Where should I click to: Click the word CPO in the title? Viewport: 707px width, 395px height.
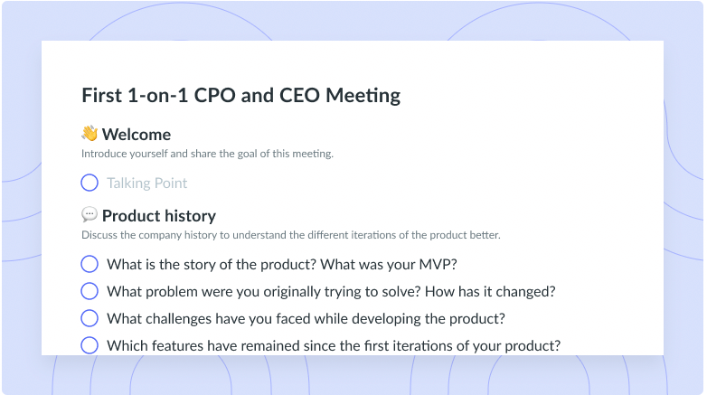pyautogui.click(x=211, y=96)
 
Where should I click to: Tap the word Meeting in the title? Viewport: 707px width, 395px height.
pyautogui.click(x=363, y=96)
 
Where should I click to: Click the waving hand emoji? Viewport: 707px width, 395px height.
pyautogui.click(x=90, y=134)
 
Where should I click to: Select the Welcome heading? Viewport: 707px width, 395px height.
pyautogui.click(x=137, y=135)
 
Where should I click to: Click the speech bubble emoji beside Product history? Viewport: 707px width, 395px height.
pyautogui.click(x=90, y=214)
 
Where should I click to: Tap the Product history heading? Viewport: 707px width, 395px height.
pyautogui.click(x=159, y=216)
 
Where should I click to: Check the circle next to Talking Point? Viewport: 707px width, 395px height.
pyautogui.click(x=90, y=183)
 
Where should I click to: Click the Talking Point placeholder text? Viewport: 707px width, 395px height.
pyautogui.click(x=146, y=183)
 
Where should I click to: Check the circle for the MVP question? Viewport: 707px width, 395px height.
pyautogui.click(x=90, y=264)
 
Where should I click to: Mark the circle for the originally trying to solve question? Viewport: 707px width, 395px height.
pyautogui.click(x=90, y=291)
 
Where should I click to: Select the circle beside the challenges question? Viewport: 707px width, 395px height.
pyautogui.click(x=90, y=318)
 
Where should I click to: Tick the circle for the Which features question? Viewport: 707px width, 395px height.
pyautogui.click(x=90, y=345)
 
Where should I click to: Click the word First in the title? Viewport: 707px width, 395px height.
pyautogui.click(x=102, y=96)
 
